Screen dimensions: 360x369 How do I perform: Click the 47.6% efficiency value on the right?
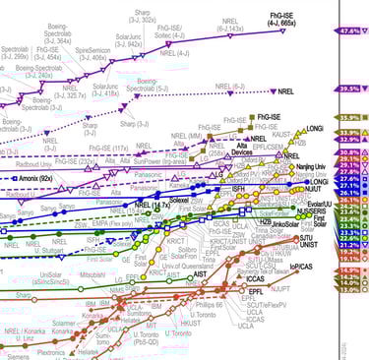tap(350, 31)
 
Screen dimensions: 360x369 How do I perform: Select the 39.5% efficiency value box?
tap(350, 88)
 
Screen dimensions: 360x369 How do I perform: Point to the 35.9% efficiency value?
tap(350, 118)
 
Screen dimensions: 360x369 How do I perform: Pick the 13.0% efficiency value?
tap(350, 290)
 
